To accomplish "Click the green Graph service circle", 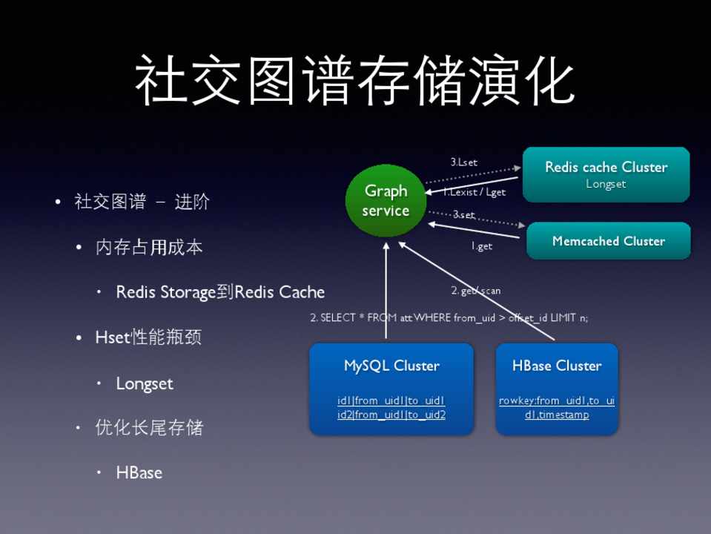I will pyautogui.click(x=386, y=200).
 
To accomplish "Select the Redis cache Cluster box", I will pyautogui.click(x=606, y=174).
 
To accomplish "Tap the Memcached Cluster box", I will pyautogui.click(x=608, y=241).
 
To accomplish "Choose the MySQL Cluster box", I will pyautogui.click(x=391, y=387).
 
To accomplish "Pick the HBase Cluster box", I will pyautogui.click(x=557, y=387).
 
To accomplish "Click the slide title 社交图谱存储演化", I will pyautogui.click(x=355, y=80).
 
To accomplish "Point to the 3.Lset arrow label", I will pyautogui.click(x=464, y=162).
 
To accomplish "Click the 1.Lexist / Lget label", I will pyautogui.click(x=475, y=192).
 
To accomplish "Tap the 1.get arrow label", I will pyautogui.click(x=482, y=247).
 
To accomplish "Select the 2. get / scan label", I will pyautogui.click(x=476, y=291).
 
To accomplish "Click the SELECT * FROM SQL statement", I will pyautogui.click(x=449, y=317).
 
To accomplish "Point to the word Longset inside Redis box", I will pyautogui.click(x=606, y=184).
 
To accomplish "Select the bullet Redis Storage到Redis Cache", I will pyautogui.click(x=220, y=292).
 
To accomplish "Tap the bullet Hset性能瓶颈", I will pyautogui.click(x=148, y=337).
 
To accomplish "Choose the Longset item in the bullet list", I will pyautogui.click(x=145, y=383).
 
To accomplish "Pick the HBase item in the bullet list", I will pyautogui.click(x=139, y=472).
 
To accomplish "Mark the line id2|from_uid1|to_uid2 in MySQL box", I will pyautogui.click(x=391, y=415).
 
